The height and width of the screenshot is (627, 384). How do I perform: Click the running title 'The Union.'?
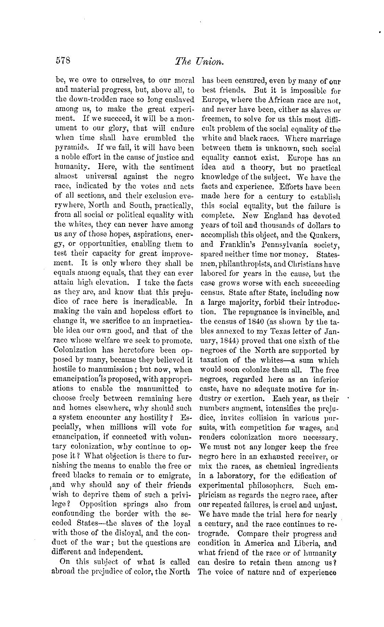[x=199, y=61]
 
